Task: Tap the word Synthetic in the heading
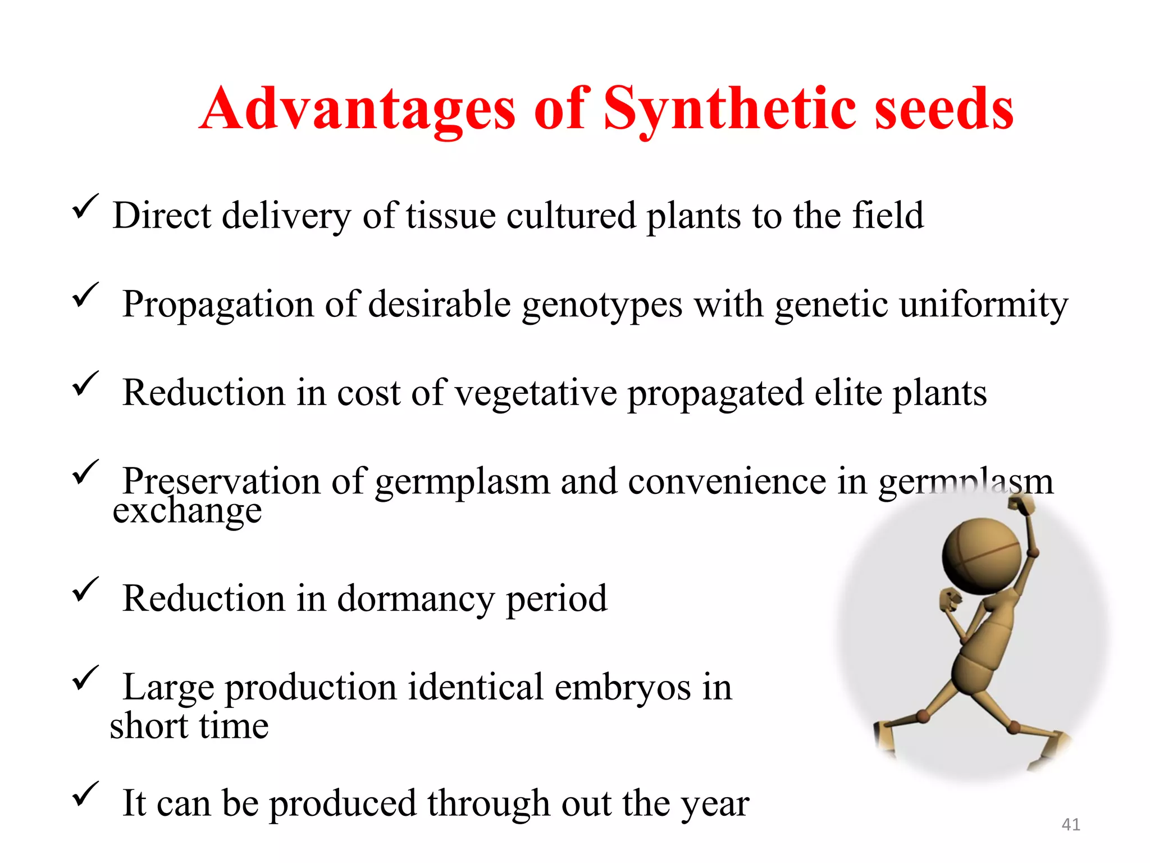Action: click(729, 110)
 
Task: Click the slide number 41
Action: click(1071, 824)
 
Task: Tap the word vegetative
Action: click(536, 393)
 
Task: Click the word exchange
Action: click(187, 512)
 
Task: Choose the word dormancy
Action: click(416, 599)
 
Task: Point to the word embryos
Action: click(622, 688)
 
